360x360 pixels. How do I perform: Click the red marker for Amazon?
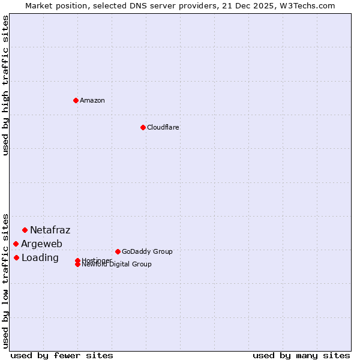coord(76,100)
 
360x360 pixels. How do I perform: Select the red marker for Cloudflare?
coord(143,127)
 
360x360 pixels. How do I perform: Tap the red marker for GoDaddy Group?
coord(118,251)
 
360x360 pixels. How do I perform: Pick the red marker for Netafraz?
coord(25,230)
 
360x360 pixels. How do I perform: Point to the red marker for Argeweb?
coord(16,244)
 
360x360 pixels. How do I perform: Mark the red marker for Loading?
coord(16,257)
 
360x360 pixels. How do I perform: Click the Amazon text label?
coord(92,100)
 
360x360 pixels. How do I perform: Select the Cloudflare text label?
coord(163,127)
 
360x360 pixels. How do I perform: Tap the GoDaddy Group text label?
coord(147,251)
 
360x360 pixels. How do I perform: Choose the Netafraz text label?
coord(50,230)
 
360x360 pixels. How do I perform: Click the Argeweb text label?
coord(41,244)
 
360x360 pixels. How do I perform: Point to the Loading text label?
coord(40,257)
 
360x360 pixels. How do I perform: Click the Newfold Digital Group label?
coord(117,265)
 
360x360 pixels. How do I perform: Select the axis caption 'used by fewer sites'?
coord(62,355)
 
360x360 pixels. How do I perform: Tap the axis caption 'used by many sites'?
coord(301,355)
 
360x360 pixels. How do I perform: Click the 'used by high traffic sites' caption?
coord(6,85)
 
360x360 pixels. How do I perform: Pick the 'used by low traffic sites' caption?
coord(6,280)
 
